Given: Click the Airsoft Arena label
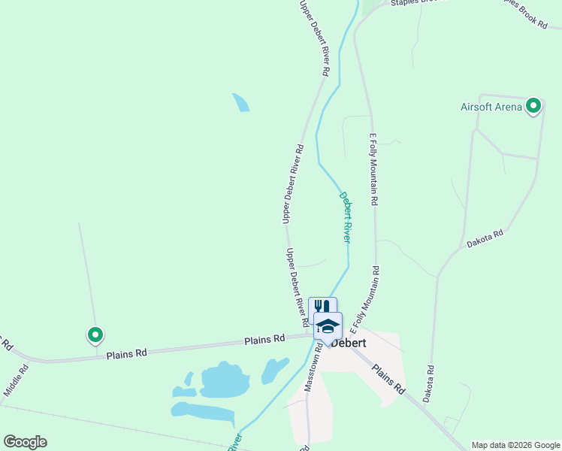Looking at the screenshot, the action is pyautogui.click(x=491, y=107).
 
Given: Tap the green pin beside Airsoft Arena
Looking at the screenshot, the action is pyautogui.click(x=533, y=106).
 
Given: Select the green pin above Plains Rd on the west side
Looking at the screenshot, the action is pyautogui.click(x=95, y=334).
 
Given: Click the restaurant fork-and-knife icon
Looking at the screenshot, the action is pyautogui.click(x=322, y=307).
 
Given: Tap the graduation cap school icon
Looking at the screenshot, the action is pyautogui.click(x=328, y=326).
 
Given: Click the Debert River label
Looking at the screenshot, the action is pyautogui.click(x=345, y=216).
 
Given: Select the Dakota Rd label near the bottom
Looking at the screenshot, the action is pyautogui.click(x=429, y=383).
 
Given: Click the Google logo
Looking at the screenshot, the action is pyautogui.click(x=25, y=442).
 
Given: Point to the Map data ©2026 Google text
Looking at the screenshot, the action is pyautogui.click(x=515, y=445).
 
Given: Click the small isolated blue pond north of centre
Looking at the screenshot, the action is pyautogui.click(x=241, y=102).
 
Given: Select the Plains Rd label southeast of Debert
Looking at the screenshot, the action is pyautogui.click(x=389, y=380).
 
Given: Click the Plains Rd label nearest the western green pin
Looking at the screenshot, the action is pyautogui.click(x=126, y=354).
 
